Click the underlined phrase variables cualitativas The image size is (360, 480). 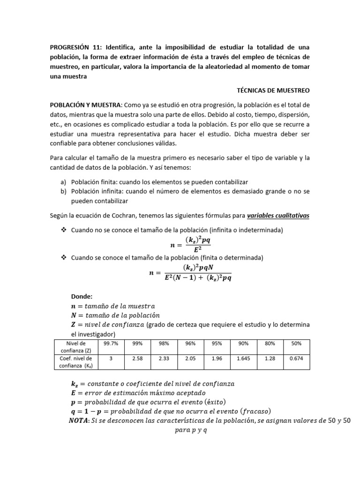tap(278, 216)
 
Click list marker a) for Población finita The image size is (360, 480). tap(63, 182)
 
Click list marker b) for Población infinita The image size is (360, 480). tap(63, 191)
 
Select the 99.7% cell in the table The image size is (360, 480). tap(111, 344)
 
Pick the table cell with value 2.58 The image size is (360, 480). tap(137, 358)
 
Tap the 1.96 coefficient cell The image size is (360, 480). tap(217, 358)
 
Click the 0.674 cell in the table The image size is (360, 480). tap(296, 358)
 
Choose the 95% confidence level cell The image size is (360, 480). tap(217, 344)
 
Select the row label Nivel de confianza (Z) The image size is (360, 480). tap(73, 347)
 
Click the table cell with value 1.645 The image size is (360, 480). tap(243, 358)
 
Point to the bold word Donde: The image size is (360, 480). tap(82, 296)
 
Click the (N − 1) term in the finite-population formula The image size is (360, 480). tap(187, 277)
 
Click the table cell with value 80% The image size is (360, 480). tap(270, 344)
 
